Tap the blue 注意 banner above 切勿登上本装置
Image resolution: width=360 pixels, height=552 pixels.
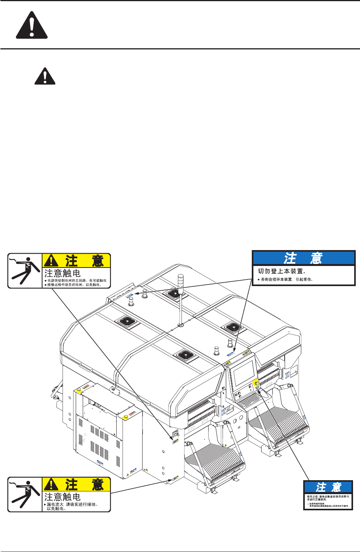304,258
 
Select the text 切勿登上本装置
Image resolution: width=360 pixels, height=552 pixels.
282,271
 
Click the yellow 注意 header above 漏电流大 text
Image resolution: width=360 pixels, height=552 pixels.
76,484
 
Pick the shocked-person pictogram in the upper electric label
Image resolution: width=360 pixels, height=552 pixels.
25,271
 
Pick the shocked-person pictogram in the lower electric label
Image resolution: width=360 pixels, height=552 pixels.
25,494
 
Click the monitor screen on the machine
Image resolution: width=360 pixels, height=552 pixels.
244,372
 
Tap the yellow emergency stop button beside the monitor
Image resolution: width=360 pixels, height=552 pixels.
255,383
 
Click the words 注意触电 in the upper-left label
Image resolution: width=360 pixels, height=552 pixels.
63,273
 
